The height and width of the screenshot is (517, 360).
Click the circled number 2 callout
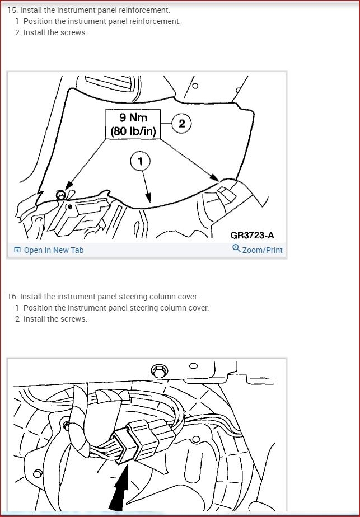[x=181, y=124]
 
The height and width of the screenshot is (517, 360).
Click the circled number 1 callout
[x=141, y=161]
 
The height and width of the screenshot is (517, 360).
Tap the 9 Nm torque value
[x=133, y=117]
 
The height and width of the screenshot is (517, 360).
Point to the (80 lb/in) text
[x=133, y=131]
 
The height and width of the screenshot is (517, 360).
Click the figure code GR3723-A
[x=252, y=235]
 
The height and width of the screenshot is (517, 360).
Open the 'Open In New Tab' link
[x=54, y=250]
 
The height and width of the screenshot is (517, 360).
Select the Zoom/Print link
[x=263, y=250]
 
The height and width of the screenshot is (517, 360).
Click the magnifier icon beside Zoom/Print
[x=236, y=248]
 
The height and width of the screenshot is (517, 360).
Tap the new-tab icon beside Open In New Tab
[x=17, y=250]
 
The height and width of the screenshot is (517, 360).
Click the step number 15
[x=12, y=10]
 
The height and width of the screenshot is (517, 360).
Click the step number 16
[x=12, y=297]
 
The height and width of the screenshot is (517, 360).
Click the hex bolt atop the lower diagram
[x=159, y=372]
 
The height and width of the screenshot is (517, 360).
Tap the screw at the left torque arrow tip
[x=60, y=195]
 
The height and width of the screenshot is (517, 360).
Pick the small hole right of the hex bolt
[x=194, y=366]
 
